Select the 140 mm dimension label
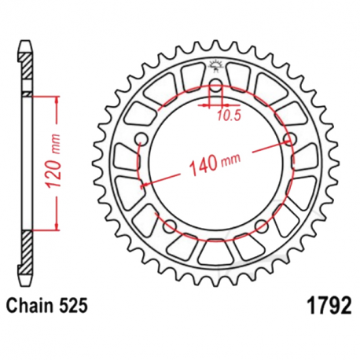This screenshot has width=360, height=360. coord(215,165)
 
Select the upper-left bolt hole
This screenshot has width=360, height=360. coord(141,139)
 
